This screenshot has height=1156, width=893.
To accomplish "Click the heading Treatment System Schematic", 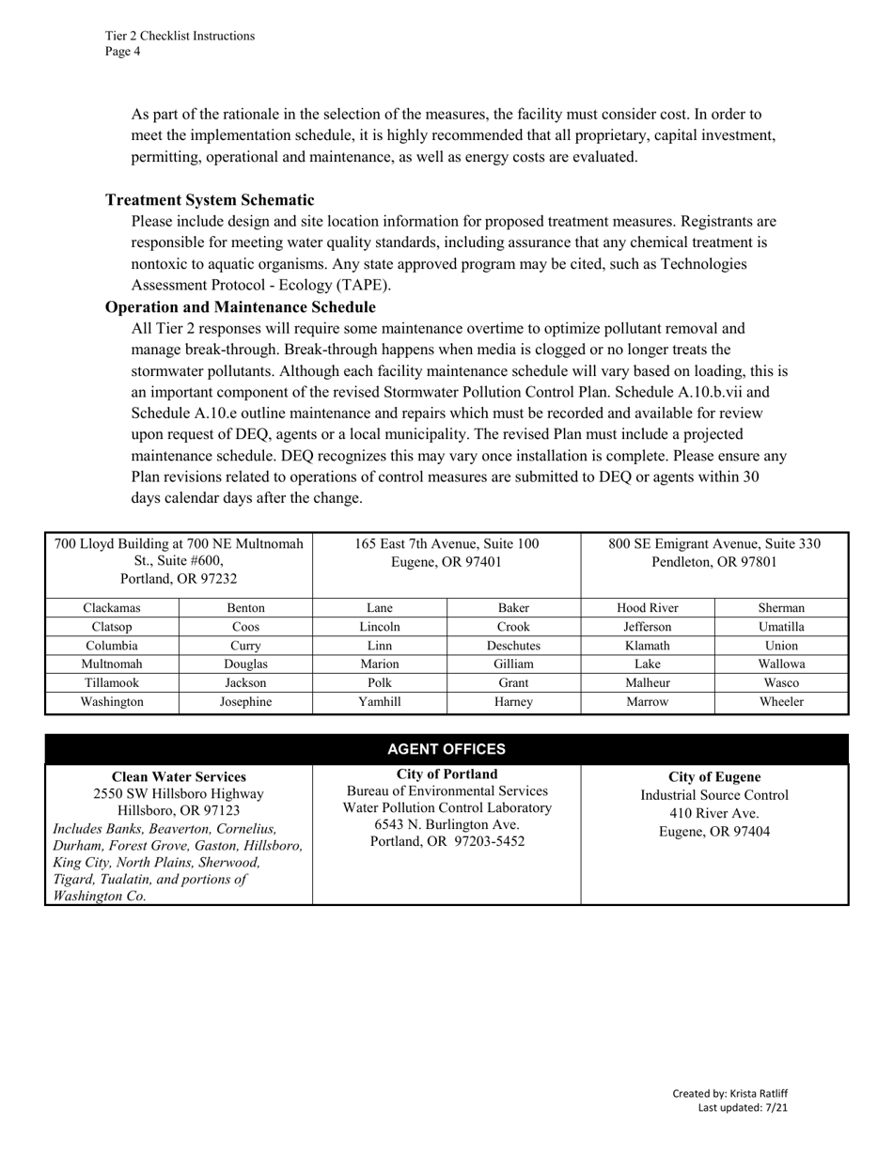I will [x=210, y=200].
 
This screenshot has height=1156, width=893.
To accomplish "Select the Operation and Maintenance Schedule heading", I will [x=240, y=307].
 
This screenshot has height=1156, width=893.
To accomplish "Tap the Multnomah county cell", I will [x=112, y=664].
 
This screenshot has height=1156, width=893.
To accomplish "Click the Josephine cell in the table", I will [x=245, y=701].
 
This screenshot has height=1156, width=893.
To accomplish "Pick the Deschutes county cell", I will [x=513, y=646].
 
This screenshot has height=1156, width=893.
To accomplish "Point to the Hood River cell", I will [x=648, y=608].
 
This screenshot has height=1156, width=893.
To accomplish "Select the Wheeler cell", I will [x=781, y=701].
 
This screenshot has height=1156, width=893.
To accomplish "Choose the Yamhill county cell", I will [x=380, y=701].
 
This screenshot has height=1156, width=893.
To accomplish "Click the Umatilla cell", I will [x=781, y=627].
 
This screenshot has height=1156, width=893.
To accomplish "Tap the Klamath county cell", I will [x=648, y=646].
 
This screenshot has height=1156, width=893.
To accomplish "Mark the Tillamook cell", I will [x=112, y=682].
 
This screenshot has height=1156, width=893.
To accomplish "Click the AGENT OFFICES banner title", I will [x=446, y=749].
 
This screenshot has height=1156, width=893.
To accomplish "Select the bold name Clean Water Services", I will [x=179, y=777].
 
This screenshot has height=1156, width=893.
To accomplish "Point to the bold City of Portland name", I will [x=447, y=774].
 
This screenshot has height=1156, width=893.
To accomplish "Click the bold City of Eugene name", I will [x=714, y=777].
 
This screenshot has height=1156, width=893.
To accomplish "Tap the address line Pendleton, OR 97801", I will [x=714, y=562].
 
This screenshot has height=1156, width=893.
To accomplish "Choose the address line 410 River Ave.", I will [x=714, y=813].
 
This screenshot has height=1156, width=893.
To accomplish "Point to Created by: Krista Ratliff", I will [x=729, y=1093].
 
